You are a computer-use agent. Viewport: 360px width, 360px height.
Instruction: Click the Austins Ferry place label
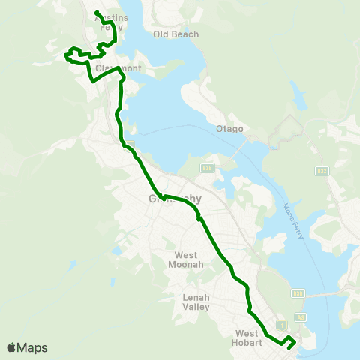point(109,23)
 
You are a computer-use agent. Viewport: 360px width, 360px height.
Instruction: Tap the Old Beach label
point(175,34)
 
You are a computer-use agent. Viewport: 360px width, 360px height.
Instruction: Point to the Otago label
point(230,129)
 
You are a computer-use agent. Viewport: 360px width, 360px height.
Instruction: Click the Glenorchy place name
point(171,199)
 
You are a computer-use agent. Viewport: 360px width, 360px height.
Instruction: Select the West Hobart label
point(247,337)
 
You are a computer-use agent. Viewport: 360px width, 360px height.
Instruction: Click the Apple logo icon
point(11,347)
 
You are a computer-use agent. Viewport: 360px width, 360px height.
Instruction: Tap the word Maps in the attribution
point(32,347)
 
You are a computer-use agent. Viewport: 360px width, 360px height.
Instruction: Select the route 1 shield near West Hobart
point(280,325)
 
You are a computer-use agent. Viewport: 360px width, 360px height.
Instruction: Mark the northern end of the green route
point(97,12)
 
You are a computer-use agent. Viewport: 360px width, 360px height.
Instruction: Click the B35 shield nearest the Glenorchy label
point(208,168)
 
